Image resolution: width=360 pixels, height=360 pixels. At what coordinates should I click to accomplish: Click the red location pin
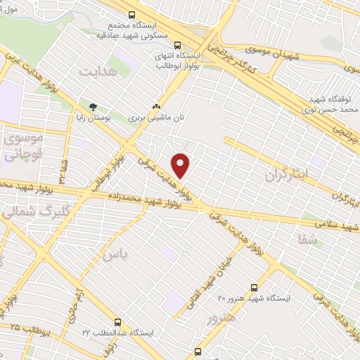pos(181,165)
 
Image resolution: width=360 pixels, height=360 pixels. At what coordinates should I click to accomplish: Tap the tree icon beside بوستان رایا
pos(93,106)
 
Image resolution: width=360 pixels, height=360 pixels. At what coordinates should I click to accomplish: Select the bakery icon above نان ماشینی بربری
pos(156,106)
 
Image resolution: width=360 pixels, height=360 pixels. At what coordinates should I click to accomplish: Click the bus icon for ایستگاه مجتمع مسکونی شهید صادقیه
pos(131,14)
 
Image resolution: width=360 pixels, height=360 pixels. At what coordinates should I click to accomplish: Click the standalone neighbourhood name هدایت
pos(96,72)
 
